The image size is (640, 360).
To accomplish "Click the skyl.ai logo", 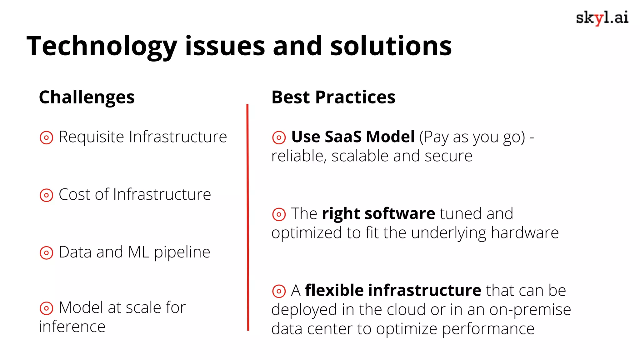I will click(x=602, y=18).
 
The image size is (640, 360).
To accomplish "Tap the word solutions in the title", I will click(x=391, y=46).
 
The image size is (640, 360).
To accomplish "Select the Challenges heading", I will click(x=87, y=97).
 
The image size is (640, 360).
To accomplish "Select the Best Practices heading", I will click(x=333, y=97).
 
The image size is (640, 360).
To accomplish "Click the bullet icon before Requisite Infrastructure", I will click(x=47, y=137).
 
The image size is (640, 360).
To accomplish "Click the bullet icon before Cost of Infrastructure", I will click(x=47, y=195).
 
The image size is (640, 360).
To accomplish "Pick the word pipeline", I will click(x=182, y=252).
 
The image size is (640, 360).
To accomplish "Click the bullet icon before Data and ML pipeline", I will click(x=47, y=253).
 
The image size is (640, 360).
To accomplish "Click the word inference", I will click(x=72, y=327).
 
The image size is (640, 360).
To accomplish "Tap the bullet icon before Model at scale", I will click(x=47, y=308).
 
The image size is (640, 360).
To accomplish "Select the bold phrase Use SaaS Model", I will click(x=353, y=137).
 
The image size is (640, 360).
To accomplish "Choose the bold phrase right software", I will click(x=378, y=214).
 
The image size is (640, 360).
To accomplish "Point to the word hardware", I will click(x=525, y=233).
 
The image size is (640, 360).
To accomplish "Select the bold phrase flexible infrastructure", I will click(x=393, y=291).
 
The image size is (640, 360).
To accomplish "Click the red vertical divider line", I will click(x=248, y=219).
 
